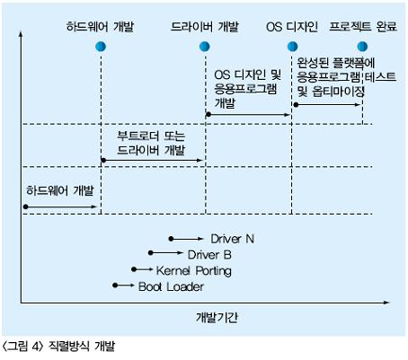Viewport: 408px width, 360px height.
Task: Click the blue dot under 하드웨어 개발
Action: click(x=101, y=47)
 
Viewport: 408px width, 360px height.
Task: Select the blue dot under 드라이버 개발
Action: click(x=205, y=47)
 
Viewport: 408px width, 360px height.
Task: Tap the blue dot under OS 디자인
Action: click(x=292, y=47)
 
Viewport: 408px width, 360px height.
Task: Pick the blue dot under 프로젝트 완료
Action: click(x=362, y=47)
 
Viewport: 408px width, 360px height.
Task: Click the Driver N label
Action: click(x=233, y=239)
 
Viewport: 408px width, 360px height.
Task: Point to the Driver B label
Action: click(x=209, y=255)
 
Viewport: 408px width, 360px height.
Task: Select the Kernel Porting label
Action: click(x=194, y=271)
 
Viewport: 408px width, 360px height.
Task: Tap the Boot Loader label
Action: click(x=171, y=286)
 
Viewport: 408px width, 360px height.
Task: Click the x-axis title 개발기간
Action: click(x=217, y=318)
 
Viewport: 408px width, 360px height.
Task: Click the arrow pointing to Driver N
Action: click(x=186, y=239)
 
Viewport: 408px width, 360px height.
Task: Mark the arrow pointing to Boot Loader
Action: click(x=123, y=285)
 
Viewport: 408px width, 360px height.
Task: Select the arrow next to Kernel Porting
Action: click(x=142, y=269)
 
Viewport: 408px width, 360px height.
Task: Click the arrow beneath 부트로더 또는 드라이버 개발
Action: click(x=152, y=161)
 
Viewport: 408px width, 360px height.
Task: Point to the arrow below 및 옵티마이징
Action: click(x=327, y=105)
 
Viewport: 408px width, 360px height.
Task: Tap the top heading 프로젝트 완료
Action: click(x=363, y=27)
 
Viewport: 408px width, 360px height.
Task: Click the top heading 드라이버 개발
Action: click(x=205, y=27)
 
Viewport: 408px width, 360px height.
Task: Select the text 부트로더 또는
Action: click(x=151, y=136)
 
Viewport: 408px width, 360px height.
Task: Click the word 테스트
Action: click(x=380, y=77)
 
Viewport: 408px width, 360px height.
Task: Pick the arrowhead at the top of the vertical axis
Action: click(x=21, y=33)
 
